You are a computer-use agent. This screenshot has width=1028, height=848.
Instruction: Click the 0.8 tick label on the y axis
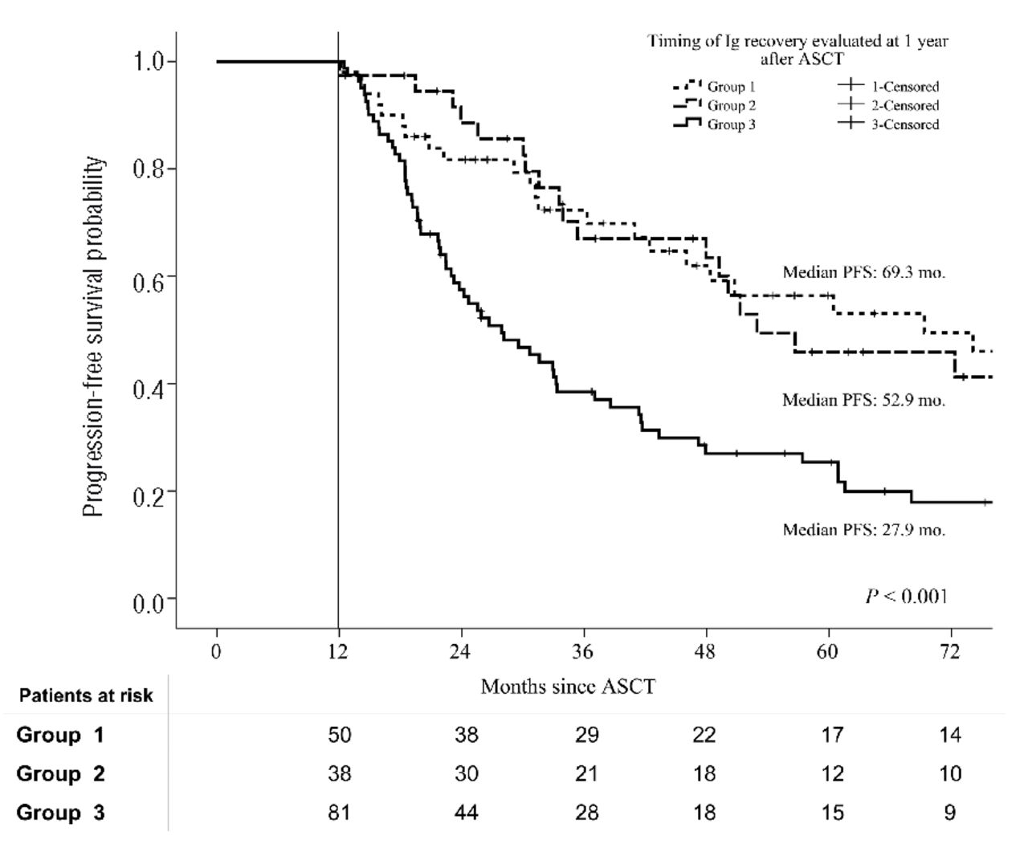pos(150,169)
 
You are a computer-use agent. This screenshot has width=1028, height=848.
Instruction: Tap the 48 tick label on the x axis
pos(706,651)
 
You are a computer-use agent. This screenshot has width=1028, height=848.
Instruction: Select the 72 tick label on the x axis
pos(950,651)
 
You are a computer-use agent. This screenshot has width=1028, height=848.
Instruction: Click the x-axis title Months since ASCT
pos(568,687)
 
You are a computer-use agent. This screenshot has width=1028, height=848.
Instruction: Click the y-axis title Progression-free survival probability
pos(94,337)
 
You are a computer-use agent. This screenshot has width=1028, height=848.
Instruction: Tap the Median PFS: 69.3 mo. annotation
pos(863,272)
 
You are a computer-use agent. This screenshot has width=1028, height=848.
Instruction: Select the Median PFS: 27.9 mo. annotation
pos(863,530)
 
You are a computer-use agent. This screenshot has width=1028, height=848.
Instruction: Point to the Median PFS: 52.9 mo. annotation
pos(863,400)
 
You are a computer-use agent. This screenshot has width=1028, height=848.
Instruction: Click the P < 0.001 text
pos(906,596)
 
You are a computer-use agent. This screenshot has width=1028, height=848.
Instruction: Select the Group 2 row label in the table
pos(60,774)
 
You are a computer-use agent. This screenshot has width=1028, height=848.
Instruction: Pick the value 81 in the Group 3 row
pos(339,813)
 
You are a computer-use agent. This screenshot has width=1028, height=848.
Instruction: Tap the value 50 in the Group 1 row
pos(339,735)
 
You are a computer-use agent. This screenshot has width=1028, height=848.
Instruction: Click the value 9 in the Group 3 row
pos(950,813)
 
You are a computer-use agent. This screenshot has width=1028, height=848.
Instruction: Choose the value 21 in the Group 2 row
pos(587,774)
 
